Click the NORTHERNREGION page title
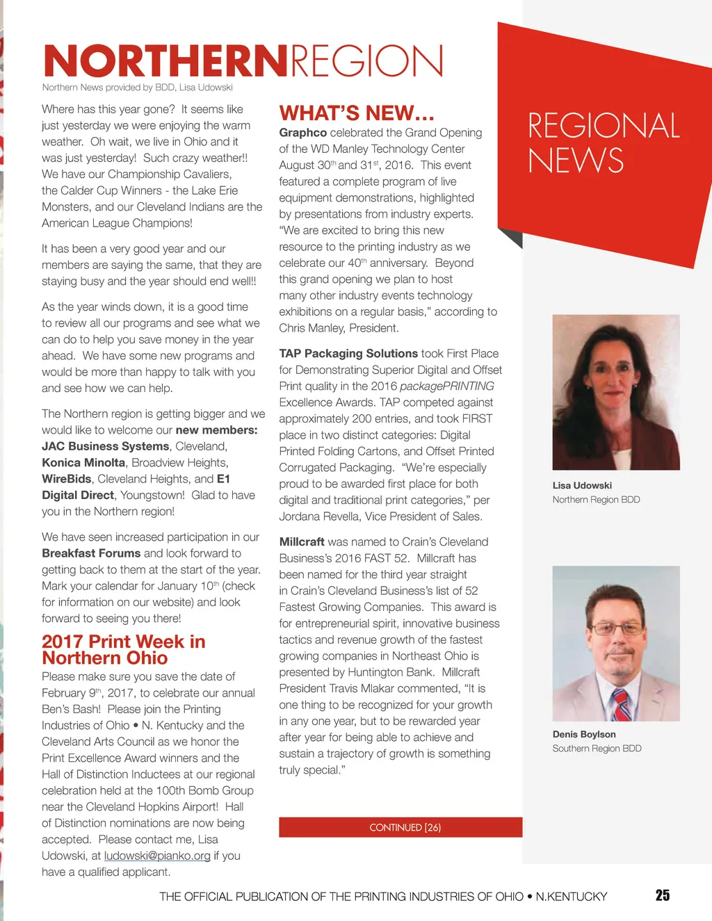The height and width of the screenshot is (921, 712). (243, 61)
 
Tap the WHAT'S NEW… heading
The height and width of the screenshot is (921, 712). (357, 113)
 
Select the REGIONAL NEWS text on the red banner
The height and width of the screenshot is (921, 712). (602, 142)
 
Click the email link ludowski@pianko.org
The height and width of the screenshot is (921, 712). (157, 856)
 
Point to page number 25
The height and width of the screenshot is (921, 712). (663, 895)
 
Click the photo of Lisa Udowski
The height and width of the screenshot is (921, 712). (615, 392)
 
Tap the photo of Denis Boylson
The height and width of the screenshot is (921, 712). (615, 643)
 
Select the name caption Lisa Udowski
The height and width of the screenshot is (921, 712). (582, 485)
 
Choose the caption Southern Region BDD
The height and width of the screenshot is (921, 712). (597, 749)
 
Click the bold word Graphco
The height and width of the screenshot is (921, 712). (302, 133)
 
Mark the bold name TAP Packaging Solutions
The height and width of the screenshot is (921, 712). (348, 354)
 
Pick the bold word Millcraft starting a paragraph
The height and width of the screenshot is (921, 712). (302, 542)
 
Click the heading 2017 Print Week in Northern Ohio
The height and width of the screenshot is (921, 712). (123, 649)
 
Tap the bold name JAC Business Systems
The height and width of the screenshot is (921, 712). (105, 446)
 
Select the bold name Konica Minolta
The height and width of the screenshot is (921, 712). (83, 463)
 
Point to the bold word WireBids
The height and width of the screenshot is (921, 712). (67, 479)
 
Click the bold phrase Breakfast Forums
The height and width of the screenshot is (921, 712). (91, 553)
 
